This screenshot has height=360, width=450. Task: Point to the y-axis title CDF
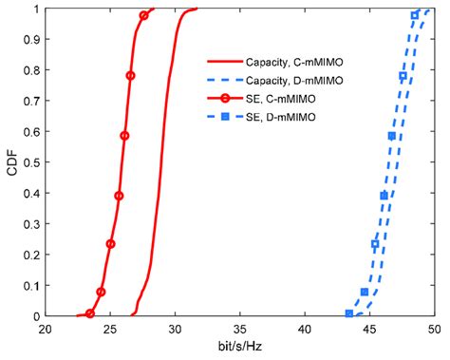tap(11, 162)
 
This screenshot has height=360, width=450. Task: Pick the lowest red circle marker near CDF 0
tap(90, 313)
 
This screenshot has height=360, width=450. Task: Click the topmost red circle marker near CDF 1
tap(143, 16)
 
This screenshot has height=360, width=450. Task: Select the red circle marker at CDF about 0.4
tap(119, 196)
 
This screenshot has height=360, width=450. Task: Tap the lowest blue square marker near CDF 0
tap(349, 313)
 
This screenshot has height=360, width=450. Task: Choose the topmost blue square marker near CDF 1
tap(415, 16)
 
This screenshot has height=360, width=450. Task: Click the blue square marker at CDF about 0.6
tap(392, 136)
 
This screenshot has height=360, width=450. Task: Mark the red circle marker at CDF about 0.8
tap(130, 76)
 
